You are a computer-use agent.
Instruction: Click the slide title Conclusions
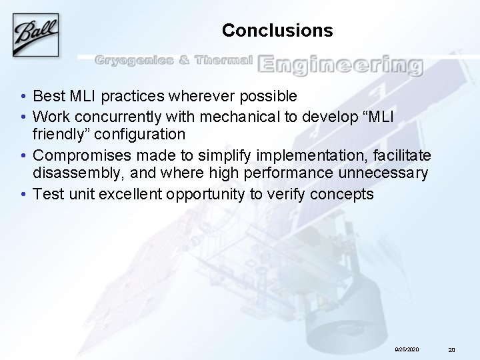pos(277,31)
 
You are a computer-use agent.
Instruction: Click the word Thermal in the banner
pos(223,61)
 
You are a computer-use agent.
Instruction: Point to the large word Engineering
pos(340,64)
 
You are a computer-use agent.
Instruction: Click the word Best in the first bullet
pos(47,97)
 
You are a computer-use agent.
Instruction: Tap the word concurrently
pos(111,117)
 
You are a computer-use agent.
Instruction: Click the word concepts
pos(346,194)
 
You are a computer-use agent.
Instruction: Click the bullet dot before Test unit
pos(23,194)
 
